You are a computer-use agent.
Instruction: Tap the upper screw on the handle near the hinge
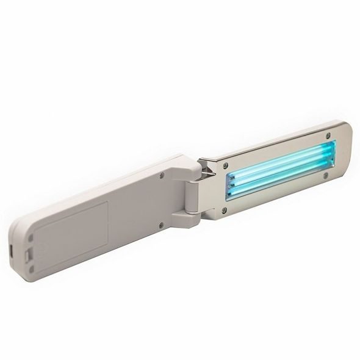coord(160,173)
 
